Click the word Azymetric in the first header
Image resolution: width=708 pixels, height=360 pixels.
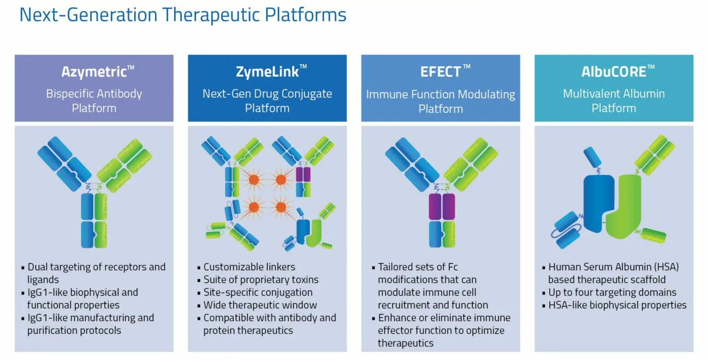click(94, 72)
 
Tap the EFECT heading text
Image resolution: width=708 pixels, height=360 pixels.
click(440, 72)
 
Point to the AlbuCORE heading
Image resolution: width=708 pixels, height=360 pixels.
click(613, 72)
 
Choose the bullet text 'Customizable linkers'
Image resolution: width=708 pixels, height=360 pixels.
click(249, 267)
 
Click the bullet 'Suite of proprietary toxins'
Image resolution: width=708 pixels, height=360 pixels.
click(260, 280)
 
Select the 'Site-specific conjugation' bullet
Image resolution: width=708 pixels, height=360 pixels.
click(258, 292)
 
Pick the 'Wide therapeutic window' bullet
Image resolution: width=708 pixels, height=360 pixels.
click(260, 305)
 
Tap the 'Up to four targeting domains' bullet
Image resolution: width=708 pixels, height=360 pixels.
click(612, 292)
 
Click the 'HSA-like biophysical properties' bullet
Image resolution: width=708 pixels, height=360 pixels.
click(617, 305)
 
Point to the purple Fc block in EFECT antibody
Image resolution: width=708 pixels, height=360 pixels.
click(442, 206)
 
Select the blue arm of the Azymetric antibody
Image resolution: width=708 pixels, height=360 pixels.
click(65, 161)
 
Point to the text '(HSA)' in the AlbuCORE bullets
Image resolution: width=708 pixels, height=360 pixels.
click(667, 267)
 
